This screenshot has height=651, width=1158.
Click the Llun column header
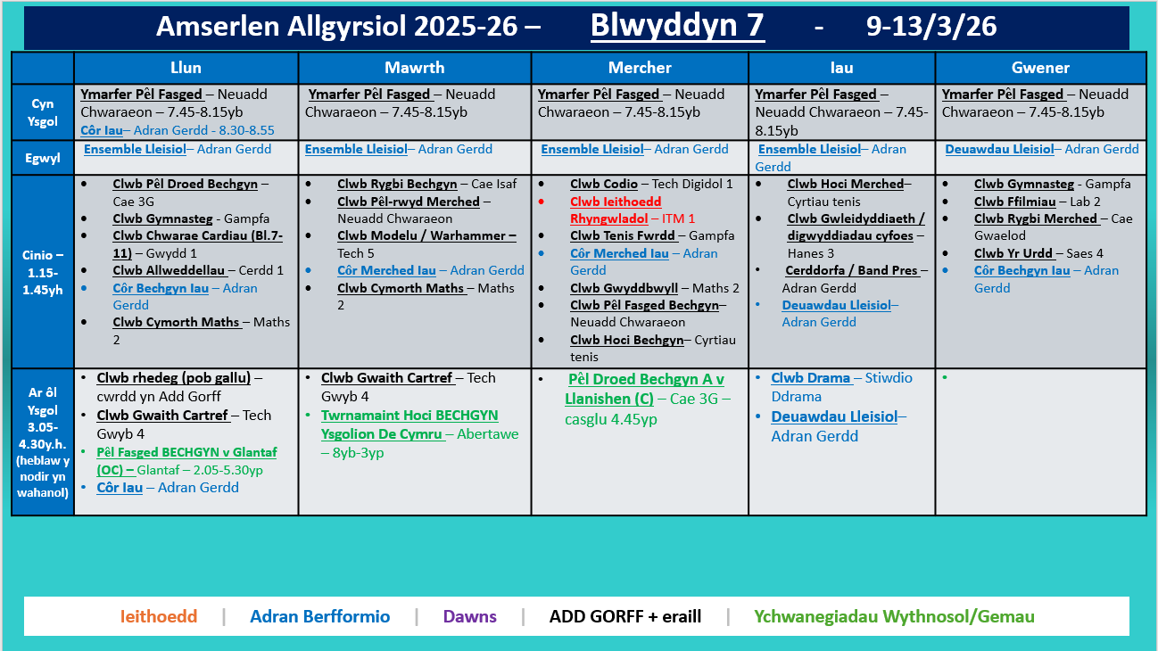pos(186,68)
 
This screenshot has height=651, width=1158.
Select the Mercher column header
pos(640,68)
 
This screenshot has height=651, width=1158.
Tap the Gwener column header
pos(1040,68)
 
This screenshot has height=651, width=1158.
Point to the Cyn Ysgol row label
pos(43,112)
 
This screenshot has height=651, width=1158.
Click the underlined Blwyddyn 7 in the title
pos(677,27)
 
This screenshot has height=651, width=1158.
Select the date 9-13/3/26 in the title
pos(931,27)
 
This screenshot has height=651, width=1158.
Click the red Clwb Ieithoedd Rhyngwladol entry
pos(616,210)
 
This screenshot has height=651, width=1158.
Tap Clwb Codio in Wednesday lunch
pos(604,185)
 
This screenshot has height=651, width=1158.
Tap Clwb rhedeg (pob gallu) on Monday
pos(173,378)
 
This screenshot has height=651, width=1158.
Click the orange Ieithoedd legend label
pos(159,616)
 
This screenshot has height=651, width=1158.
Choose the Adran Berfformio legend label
pos(319,616)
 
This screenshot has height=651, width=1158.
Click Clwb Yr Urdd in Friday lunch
pos(1013,253)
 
